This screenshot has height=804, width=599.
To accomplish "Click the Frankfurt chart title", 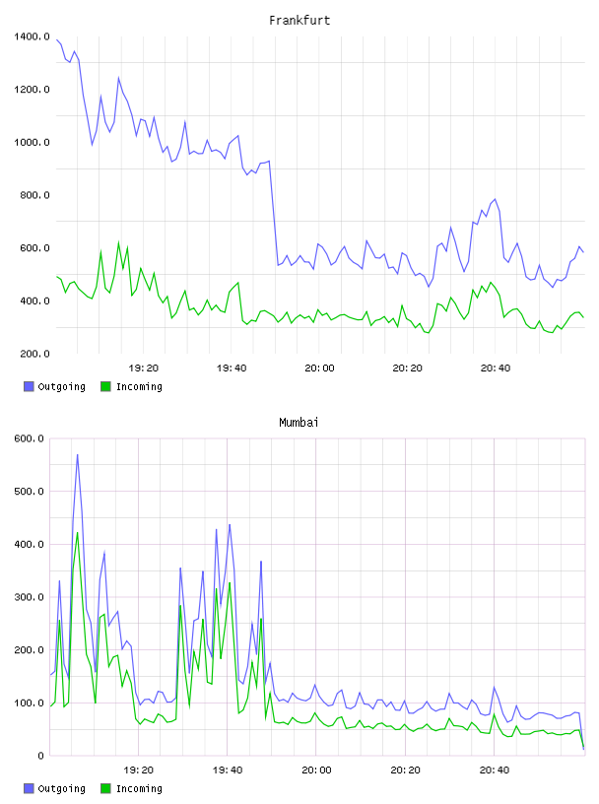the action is click(x=299, y=21).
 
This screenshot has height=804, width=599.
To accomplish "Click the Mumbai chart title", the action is click(x=299, y=423).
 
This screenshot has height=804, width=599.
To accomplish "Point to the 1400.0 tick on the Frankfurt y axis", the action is click(x=32, y=36).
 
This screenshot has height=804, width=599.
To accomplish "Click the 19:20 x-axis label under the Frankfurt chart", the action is click(x=144, y=368).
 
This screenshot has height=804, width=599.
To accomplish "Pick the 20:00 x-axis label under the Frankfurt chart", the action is click(x=319, y=368).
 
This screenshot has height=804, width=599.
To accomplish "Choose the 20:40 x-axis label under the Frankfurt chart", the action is click(x=496, y=368).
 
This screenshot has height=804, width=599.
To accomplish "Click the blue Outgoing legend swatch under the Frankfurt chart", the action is click(x=29, y=386).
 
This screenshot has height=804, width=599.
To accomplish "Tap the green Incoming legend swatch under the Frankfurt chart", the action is click(x=105, y=386).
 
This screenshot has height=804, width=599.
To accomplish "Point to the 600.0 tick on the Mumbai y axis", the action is click(x=30, y=438).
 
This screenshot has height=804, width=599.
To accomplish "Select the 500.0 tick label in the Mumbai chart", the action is click(x=30, y=492).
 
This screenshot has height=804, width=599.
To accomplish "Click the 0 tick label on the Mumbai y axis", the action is click(x=40, y=756).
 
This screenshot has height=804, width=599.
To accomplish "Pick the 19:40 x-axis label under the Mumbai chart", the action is click(x=228, y=770).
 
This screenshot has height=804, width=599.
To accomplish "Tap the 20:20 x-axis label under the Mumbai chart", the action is click(x=406, y=770).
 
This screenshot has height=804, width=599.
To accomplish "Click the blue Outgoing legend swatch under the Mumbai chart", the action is click(x=29, y=788).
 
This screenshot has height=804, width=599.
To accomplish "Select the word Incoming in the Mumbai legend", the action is click(x=139, y=788).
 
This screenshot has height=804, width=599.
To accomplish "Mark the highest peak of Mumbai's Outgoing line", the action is click(x=78, y=454).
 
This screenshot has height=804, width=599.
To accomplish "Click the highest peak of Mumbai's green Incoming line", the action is click(x=78, y=532).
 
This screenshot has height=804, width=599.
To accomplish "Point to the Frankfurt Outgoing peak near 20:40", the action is click(x=495, y=199).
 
